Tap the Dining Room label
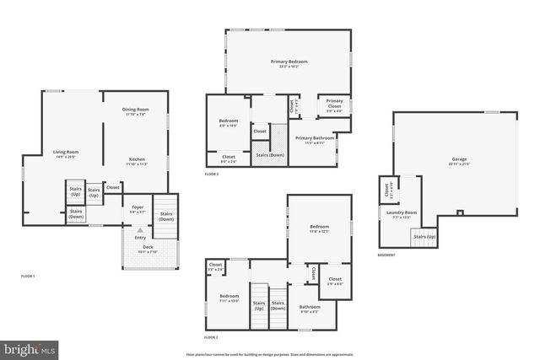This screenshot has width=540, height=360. point(136,110)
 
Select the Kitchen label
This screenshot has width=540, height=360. point(137,161)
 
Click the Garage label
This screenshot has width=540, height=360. point(459,160)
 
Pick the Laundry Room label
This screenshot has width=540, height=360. point(402,214)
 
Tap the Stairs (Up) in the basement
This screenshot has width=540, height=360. point(424,237)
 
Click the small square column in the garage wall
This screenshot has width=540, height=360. point(459,212)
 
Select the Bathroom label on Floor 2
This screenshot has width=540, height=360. point(310,309)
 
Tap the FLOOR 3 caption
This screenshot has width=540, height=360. point(211,174)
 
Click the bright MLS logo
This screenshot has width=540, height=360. point(30,347)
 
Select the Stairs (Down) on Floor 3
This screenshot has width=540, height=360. point(270,155)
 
